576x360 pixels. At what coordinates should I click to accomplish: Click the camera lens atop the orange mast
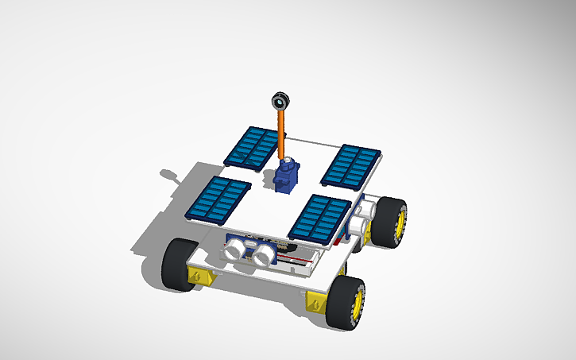[x=280, y=101]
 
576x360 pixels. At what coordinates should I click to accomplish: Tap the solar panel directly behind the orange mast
[x=253, y=147]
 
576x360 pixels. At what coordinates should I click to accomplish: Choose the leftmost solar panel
[x=218, y=198]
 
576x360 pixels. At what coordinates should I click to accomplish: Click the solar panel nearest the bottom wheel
[x=319, y=218]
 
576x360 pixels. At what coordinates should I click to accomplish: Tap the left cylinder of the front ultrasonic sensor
[x=234, y=250]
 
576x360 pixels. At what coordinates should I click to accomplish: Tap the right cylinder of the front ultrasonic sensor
[x=263, y=255]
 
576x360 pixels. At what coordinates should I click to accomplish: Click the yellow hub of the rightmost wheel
[x=400, y=222]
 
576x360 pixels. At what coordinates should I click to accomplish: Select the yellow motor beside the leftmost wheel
[x=200, y=276]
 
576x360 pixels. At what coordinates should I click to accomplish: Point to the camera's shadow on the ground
[x=170, y=173]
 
